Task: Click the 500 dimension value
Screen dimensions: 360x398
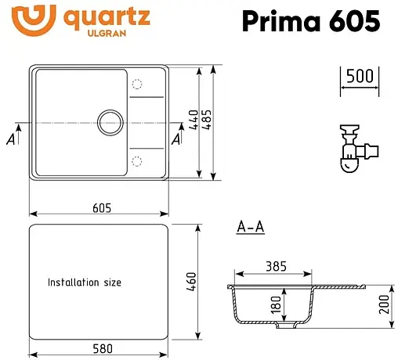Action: coord(358,77)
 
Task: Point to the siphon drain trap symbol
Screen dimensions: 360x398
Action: coord(352,149)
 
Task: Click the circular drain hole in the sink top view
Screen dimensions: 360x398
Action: coord(109,123)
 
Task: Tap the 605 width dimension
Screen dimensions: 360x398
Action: coord(100,207)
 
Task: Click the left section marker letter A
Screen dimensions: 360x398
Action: coord(10,139)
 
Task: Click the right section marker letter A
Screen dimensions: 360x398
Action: coord(175,139)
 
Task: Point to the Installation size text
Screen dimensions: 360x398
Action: coord(85,282)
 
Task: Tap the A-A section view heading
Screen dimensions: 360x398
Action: coord(250,228)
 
